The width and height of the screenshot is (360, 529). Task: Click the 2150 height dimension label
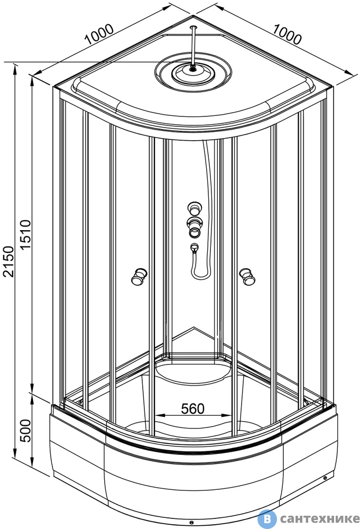point(8,261)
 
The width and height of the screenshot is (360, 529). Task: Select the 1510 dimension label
point(25,234)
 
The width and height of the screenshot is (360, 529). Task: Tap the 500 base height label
point(25,431)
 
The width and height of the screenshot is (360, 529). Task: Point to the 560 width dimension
point(192,408)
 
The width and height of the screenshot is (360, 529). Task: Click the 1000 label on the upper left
point(99,34)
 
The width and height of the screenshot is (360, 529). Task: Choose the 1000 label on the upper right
point(287,34)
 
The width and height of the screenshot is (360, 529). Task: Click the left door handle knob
point(139,277)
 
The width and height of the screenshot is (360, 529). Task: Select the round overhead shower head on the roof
point(193,72)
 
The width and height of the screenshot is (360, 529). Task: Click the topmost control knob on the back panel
point(195,208)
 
